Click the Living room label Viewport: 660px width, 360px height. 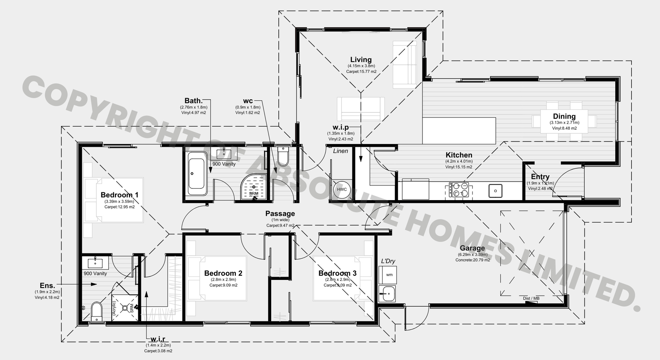[361, 59]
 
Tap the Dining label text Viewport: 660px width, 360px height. [564, 116]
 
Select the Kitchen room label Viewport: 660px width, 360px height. [459, 155]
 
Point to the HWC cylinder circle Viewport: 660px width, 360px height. [342, 189]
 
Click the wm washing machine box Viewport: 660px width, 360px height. [388, 275]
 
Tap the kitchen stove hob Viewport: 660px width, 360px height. [459, 189]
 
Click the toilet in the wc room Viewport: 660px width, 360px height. [283, 156]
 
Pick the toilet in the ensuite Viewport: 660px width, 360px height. [97, 312]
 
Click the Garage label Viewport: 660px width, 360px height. [472, 248]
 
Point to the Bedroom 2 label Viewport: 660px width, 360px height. [223, 273]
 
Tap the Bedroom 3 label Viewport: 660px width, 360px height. [338, 273]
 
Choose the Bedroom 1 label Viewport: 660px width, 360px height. [120, 195]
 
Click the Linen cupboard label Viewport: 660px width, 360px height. [340, 151]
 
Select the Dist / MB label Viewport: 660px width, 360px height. [531, 298]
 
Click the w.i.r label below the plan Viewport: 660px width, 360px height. [158, 339]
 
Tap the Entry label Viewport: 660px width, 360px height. [540, 177]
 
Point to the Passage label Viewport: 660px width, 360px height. [280, 214]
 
